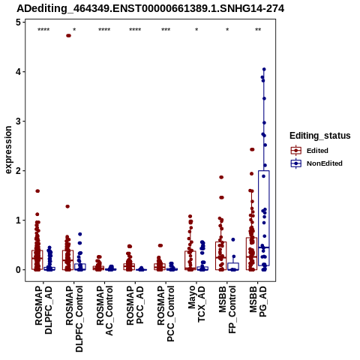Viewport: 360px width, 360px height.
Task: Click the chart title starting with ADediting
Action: [150, 9]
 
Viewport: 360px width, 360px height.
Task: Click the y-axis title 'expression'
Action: [8, 150]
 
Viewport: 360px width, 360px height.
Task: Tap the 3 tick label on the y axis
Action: [18, 121]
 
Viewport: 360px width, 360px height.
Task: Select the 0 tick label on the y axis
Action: [18, 270]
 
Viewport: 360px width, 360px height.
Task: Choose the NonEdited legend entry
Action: [316, 163]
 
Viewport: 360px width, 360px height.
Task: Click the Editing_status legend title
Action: [320, 136]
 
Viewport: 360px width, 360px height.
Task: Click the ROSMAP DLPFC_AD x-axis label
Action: [43, 310]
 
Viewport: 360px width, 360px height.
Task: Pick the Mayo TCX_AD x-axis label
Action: [196, 304]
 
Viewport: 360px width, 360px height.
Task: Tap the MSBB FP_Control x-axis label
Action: [227, 310]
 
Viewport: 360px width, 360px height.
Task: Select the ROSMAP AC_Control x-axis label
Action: [105, 310]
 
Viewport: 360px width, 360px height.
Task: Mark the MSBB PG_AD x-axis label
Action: [258, 301]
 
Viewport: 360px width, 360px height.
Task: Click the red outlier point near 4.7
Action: [68, 36]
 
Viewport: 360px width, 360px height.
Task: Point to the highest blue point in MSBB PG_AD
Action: [264, 69]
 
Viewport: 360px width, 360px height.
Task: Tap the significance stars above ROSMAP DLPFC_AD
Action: [43, 30]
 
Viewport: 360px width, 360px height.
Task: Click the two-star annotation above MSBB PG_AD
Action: [258, 30]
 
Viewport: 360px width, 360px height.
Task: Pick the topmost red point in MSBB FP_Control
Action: [221, 177]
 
